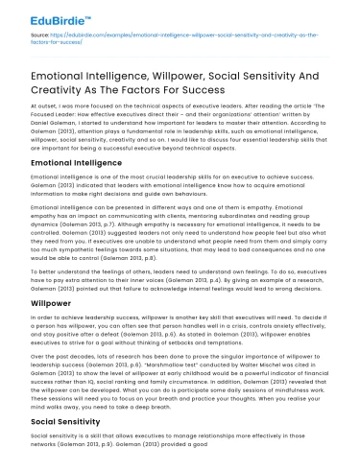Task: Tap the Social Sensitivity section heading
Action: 56,421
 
